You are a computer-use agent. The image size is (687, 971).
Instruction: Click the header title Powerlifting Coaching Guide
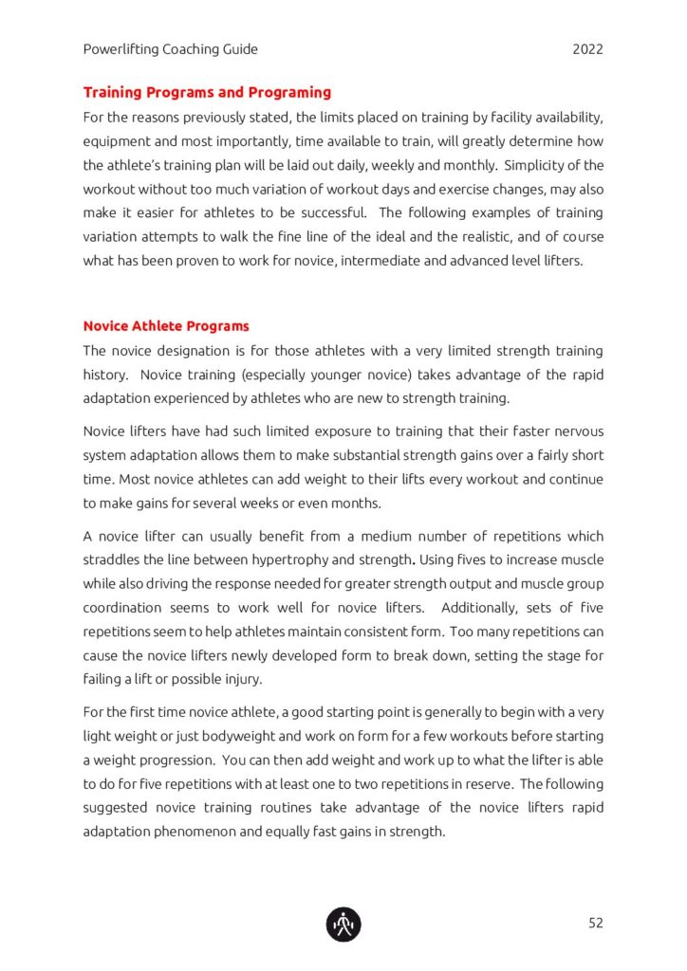coord(170,49)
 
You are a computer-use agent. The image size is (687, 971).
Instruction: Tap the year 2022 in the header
coord(587,49)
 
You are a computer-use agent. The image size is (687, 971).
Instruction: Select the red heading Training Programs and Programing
coord(207,93)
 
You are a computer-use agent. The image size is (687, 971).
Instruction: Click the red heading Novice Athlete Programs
coord(166,326)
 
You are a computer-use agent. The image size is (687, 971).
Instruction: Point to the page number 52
coord(595,923)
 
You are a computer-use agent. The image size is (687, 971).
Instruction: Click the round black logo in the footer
coord(343,924)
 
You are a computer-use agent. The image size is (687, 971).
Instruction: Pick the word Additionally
coord(479,608)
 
